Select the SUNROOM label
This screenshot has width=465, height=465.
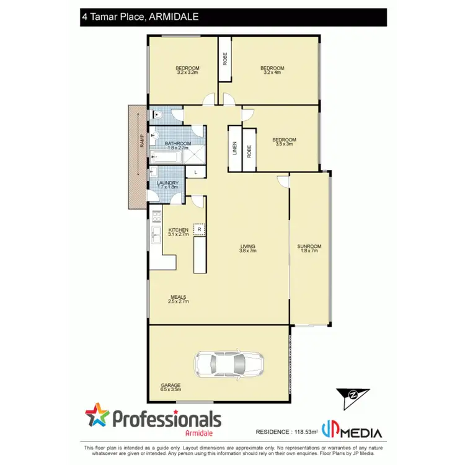click(311, 249)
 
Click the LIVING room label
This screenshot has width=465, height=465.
click(248, 249)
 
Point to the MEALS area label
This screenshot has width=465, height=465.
click(179, 299)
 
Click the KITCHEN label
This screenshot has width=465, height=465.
click(178, 232)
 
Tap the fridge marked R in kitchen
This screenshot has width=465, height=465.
click(199, 229)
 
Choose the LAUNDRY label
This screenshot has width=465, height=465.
click(168, 185)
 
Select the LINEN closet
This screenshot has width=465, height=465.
click(235, 149)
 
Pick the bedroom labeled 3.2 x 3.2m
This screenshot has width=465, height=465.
click(187, 70)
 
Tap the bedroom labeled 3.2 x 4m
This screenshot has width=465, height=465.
click(272, 70)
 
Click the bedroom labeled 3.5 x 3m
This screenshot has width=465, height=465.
click(285, 142)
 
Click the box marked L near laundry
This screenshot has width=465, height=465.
click(196, 172)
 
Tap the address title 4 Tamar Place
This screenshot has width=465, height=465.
click(139, 17)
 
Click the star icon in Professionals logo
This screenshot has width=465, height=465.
click(97, 416)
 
